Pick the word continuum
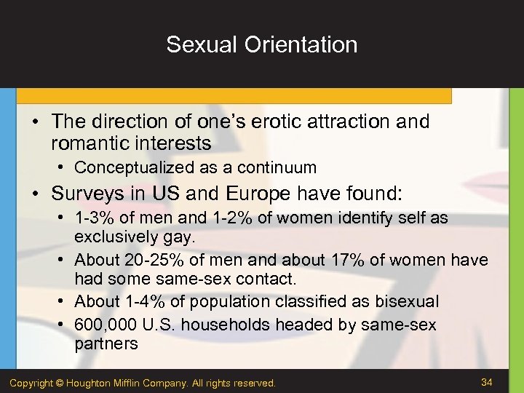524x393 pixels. click(x=280, y=167)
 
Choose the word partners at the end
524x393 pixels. click(x=106, y=344)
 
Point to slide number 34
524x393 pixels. click(x=487, y=382)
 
